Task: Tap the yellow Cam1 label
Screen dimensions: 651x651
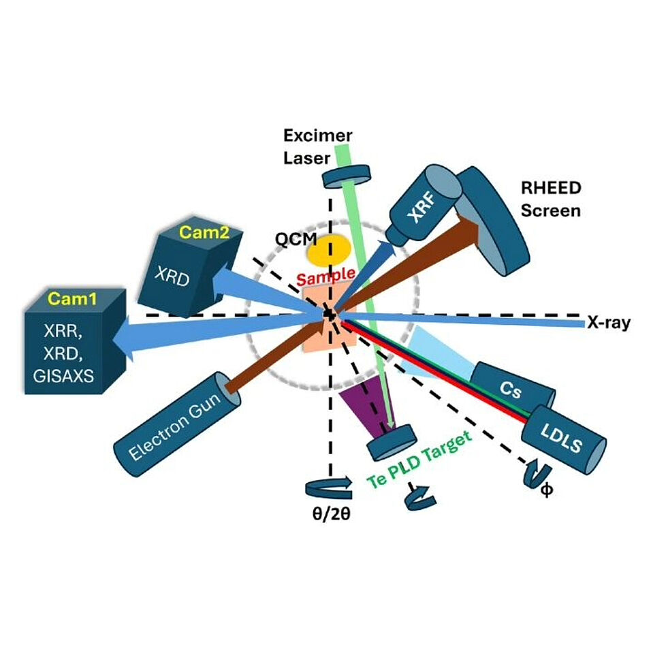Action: (67, 299)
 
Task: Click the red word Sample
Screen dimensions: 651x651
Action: (325, 277)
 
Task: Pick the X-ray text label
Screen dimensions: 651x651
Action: (608, 323)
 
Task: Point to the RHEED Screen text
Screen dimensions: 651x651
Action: (550, 199)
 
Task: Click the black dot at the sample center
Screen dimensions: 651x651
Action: (329, 315)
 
